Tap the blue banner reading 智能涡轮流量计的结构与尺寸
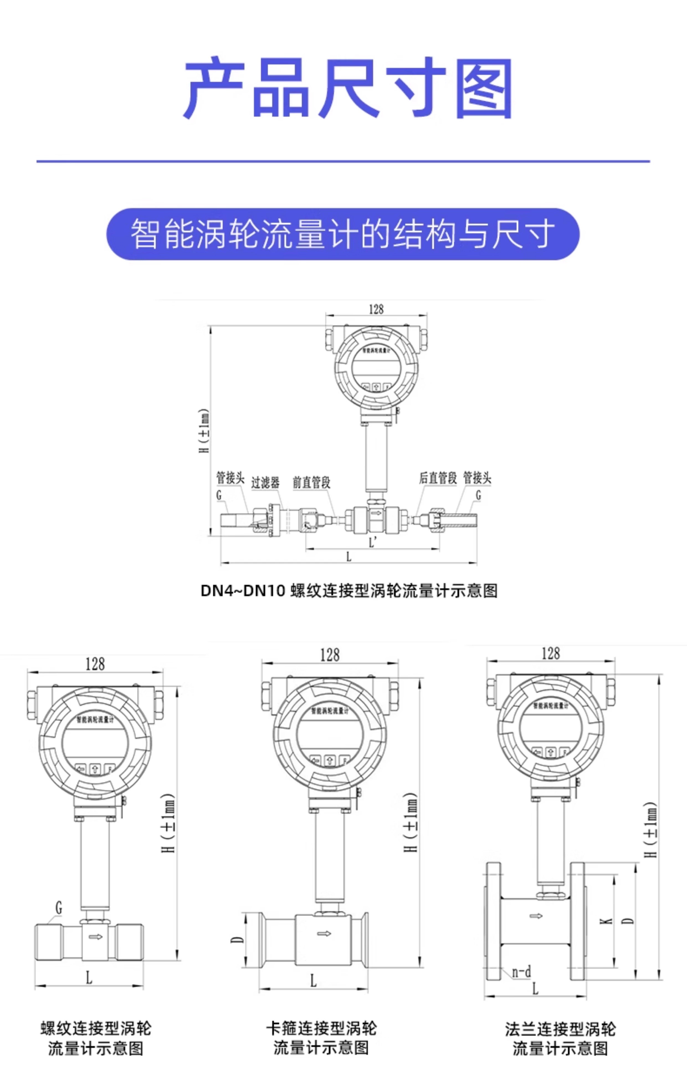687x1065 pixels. (343, 234)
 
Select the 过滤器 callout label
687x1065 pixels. (265, 482)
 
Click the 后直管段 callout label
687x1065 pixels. (438, 478)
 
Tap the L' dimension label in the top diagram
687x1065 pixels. (373, 542)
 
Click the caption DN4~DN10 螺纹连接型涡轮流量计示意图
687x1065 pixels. (349, 591)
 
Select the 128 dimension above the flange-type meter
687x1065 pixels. (550, 654)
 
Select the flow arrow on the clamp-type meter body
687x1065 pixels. (324, 933)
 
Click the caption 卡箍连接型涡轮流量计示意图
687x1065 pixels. (321, 1038)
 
